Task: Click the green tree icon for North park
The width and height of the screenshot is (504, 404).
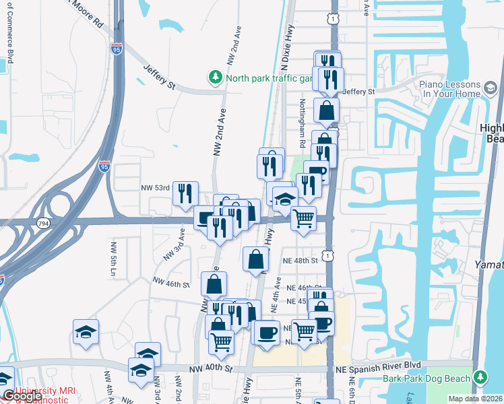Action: click(x=216, y=77)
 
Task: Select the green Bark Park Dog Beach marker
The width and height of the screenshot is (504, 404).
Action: click(x=480, y=376)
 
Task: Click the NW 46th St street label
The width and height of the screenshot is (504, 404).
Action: click(x=171, y=283)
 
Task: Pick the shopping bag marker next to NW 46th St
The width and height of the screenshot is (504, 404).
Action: click(x=214, y=283)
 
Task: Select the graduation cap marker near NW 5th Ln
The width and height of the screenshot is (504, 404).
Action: click(x=86, y=332)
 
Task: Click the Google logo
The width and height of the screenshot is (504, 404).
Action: click(x=22, y=396)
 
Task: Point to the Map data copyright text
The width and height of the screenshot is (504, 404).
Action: click(x=476, y=399)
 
